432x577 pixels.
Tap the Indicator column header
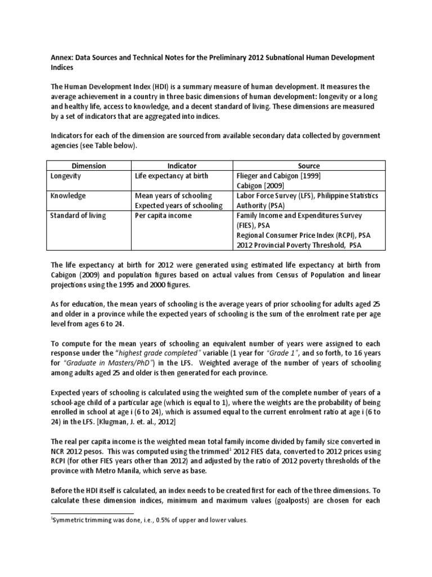click(x=182, y=166)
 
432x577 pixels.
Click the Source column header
click(x=309, y=166)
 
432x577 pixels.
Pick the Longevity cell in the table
click(x=65, y=176)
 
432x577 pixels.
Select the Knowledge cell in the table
click(x=67, y=196)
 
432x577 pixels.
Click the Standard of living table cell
click(x=78, y=215)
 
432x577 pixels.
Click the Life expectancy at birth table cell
click(x=172, y=176)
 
